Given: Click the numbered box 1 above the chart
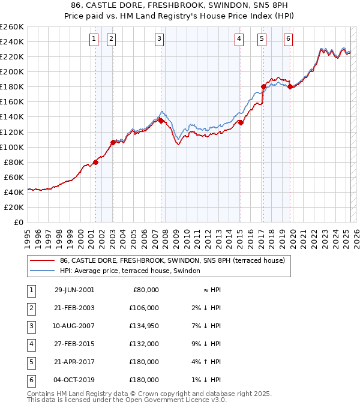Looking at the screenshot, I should tap(94, 40).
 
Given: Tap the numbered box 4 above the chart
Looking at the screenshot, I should tap(239, 40).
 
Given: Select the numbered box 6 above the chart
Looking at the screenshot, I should tap(288, 40).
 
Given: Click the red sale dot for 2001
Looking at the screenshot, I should tap(95, 162).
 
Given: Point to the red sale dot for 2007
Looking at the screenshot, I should tap(161, 121).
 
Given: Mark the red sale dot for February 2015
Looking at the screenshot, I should tap(241, 122).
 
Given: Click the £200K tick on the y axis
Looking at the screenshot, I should tap(12, 71).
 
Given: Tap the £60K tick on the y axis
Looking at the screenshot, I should tap(14, 177).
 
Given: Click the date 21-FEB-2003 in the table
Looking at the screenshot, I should tap(74, 308).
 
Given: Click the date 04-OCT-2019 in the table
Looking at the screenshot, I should tap(74, 380).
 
